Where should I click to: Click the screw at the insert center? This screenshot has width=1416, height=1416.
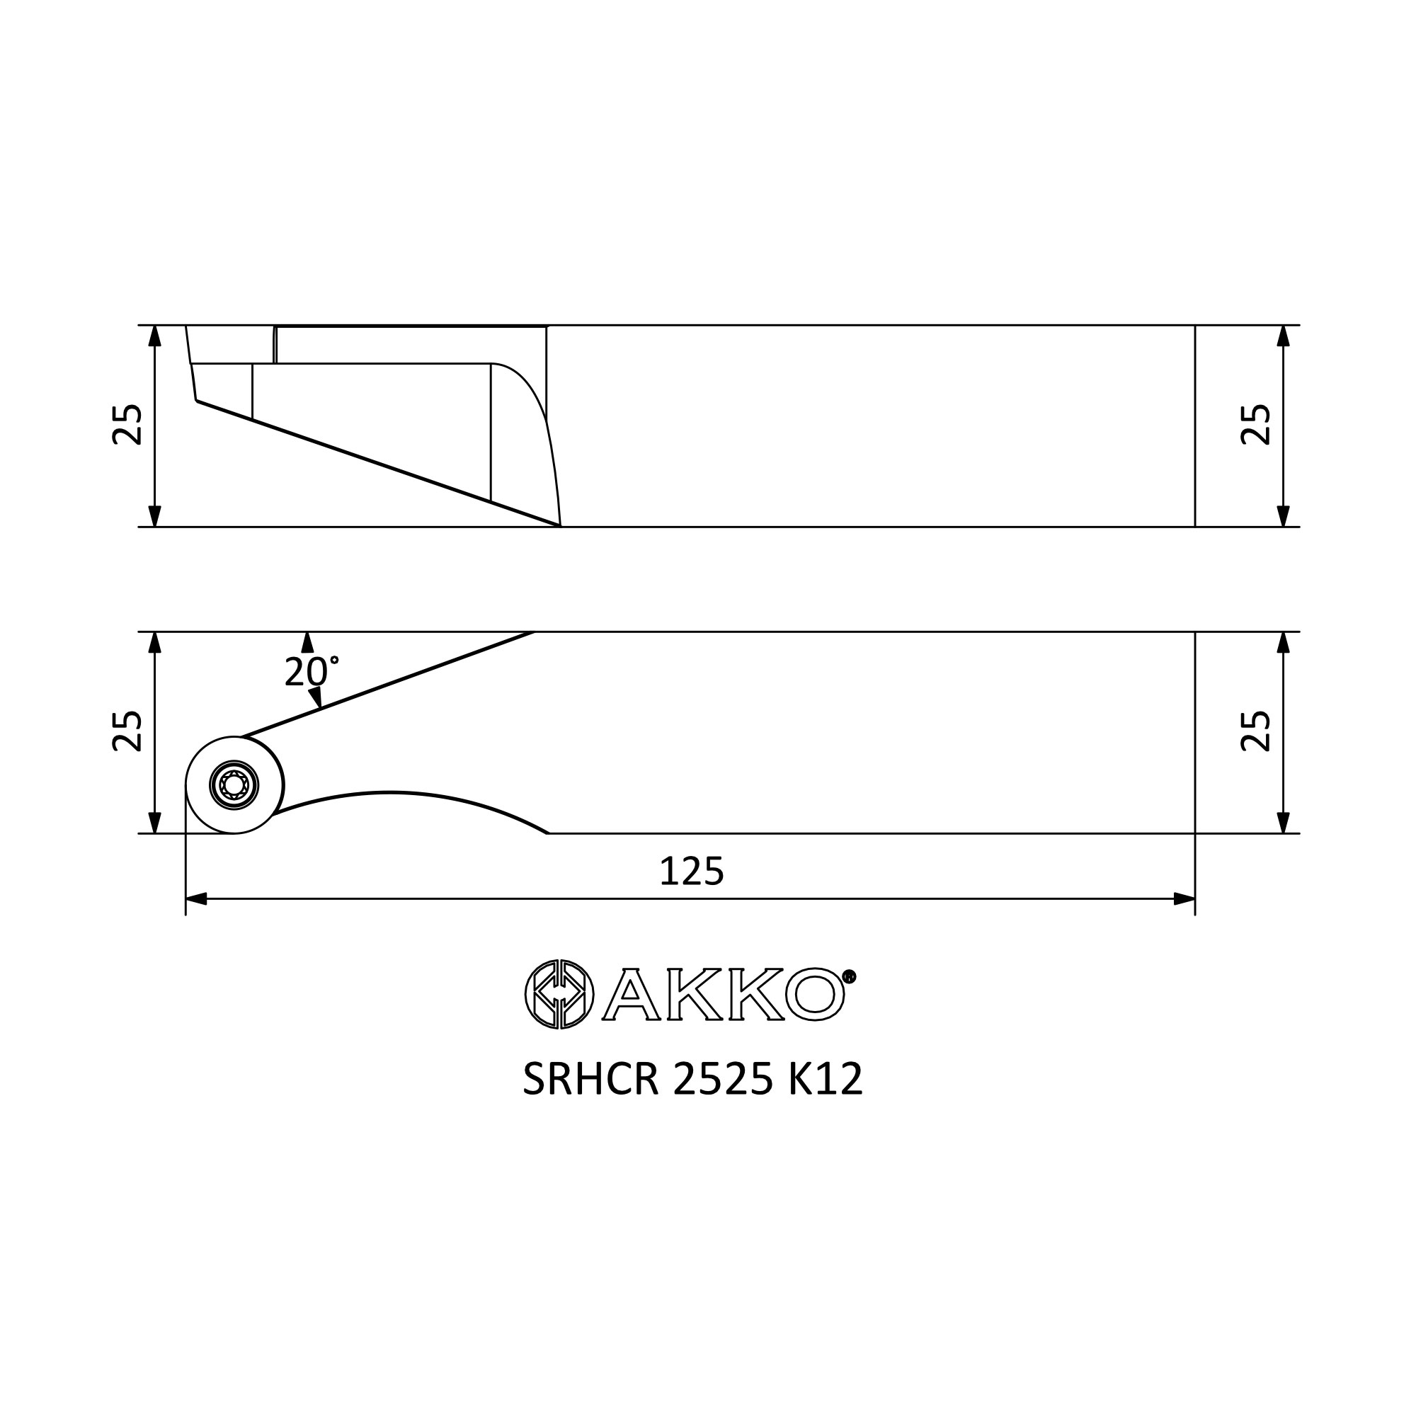click(234, 786)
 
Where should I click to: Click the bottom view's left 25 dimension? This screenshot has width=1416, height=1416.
click(127, 731)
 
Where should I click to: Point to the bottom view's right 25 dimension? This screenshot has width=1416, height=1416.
click(1255, 731)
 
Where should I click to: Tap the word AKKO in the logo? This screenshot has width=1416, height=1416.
click(724, 995)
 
